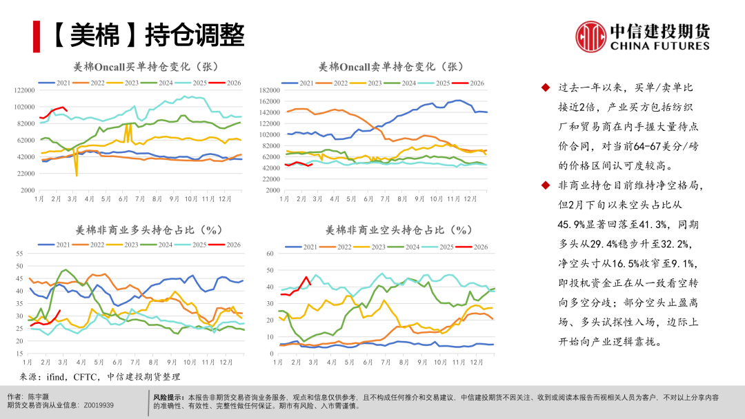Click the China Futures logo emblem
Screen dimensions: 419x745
point(590,36)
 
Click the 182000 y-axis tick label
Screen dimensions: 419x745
point(268,90)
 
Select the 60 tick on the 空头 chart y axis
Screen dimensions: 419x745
point(270,254)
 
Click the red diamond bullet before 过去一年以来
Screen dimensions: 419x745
point(545,88)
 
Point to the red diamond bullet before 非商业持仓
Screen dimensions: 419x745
point(545,186)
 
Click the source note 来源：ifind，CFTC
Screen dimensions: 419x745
point(104,376)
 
